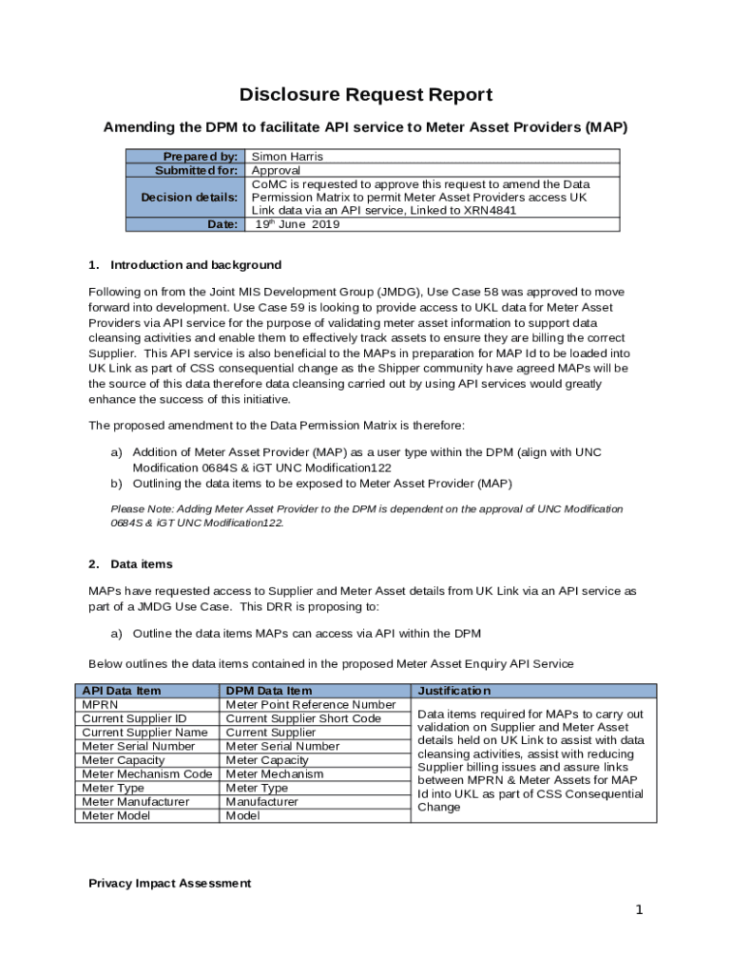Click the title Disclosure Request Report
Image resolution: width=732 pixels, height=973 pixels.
(x=366, y=95)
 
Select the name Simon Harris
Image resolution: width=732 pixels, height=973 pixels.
(x=287, y=157)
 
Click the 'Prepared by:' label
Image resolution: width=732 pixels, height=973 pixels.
(x=200, y=157)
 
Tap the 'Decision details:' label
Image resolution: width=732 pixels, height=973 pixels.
(x=189, y=197)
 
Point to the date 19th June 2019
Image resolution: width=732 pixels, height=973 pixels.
(x=297, y=225)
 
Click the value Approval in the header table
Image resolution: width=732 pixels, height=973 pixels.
(x=276, y=170)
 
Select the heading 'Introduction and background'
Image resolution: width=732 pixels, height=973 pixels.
(x=195, y=265)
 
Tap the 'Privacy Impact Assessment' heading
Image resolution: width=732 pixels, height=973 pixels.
(x=169, y=884)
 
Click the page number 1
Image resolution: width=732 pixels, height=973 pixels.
(x=640, y=910)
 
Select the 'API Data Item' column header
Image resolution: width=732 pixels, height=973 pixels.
(x=121, y=691)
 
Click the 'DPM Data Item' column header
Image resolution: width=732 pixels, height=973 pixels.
(x=269, y=691)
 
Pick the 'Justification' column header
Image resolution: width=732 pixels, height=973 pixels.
(x=453, y=691)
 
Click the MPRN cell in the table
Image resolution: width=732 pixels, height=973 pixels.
(x=100, y=705)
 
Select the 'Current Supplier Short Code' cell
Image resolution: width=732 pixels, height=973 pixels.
(x=303, y=718)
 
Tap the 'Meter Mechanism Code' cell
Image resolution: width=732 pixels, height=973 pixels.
(x=146, y=774)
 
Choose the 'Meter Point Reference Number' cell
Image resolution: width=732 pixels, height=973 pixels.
(x=310, y=705)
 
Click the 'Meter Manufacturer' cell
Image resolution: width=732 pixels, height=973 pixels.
(x=135, y=802)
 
